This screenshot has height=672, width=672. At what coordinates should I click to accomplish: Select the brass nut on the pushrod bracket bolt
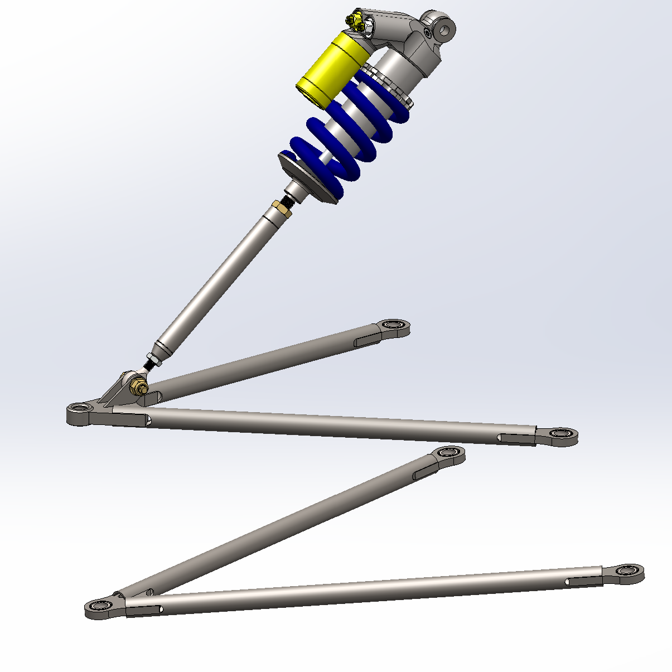coord(137,386)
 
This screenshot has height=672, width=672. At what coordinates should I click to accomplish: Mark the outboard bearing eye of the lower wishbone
coord(101,606)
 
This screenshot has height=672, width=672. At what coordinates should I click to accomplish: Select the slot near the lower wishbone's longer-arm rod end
coord(583,581)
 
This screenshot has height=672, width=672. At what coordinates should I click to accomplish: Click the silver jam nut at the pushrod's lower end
coord(152,359)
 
